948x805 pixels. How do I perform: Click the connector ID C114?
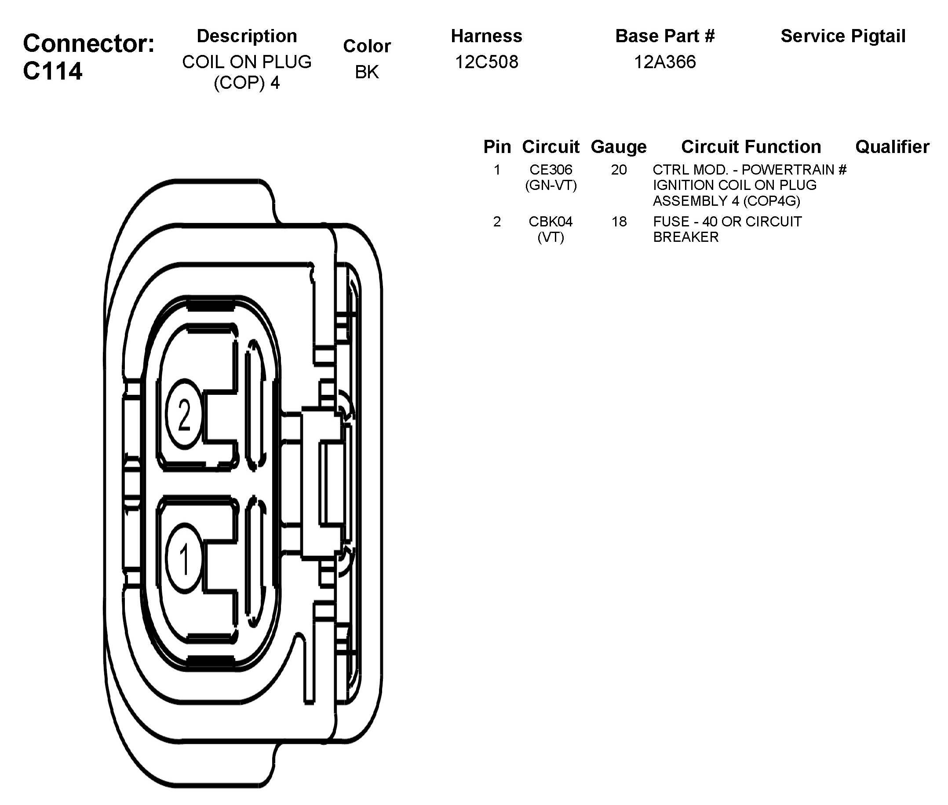coord(52,71)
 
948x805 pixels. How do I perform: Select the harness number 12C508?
coord(487,62)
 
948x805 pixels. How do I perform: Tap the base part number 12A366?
coord(664,62)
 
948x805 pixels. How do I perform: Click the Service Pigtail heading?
coord(843,36)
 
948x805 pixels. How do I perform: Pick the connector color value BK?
coord(367,72)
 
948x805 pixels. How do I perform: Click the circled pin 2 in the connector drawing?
coord(184,414)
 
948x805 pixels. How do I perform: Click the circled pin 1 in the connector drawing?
coord(184,558)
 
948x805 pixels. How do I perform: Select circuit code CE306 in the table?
coord(551,170)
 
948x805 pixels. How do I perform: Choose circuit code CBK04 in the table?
coord(551,222)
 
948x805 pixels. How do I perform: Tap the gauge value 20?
coord(619,170)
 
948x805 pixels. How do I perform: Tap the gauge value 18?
coord(619,222)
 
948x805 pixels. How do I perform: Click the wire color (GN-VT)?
coord(551,185)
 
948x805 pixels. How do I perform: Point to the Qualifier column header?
coord(892,147)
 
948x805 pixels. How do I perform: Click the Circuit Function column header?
coord(751,147)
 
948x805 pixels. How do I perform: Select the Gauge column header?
coord(619,147)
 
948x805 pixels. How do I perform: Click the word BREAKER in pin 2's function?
coord(685,237)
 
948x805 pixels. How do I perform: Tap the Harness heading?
coord(487,36)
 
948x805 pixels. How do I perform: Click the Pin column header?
coord(497,147)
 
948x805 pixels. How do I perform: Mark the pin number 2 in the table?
coord(497,222)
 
